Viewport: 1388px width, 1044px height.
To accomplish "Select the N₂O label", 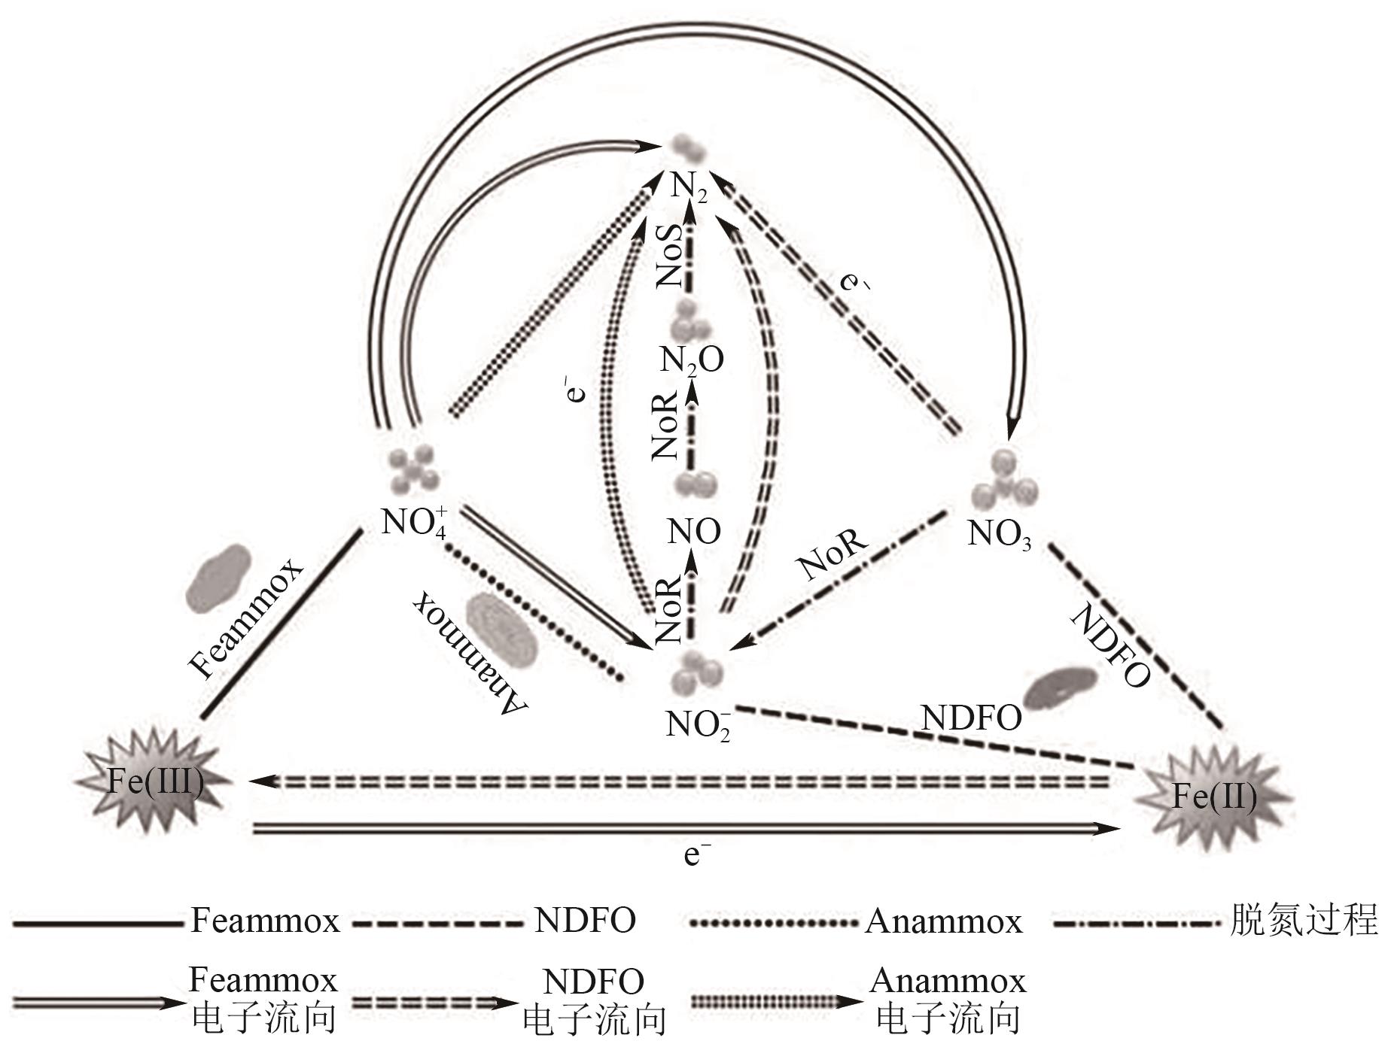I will click(x=692, y=360).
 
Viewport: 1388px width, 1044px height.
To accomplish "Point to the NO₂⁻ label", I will click(x=698, y=724).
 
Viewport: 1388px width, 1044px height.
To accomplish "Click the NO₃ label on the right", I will click(x=999, y=534).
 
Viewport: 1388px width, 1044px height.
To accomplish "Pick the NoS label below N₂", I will click(x=669, y=256).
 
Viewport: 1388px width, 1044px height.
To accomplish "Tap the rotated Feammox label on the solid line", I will click(x=245, y=618).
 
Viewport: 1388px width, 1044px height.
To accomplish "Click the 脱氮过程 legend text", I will click(x=1304, y=919).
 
